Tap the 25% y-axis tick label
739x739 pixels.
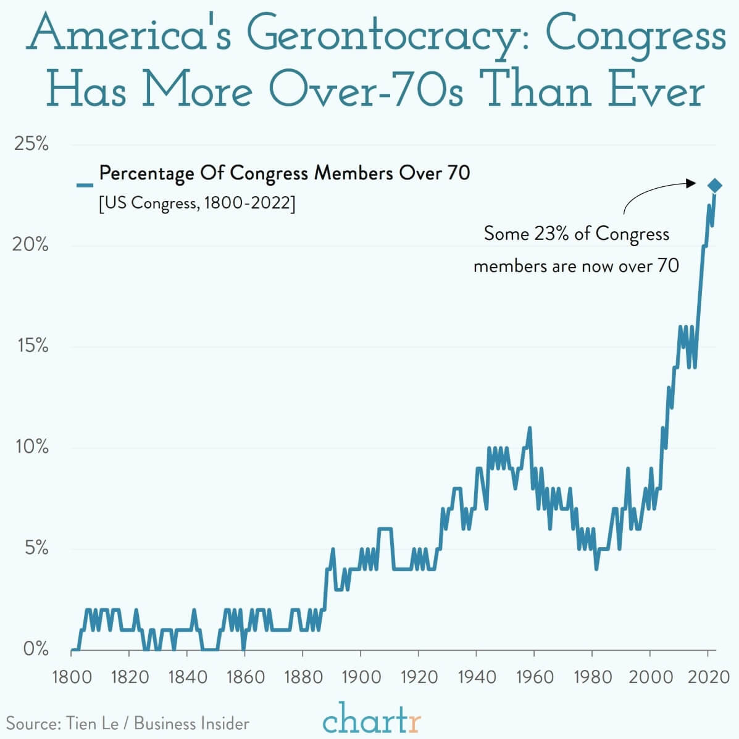coord(31,144)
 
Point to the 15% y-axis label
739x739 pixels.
coord(33,346)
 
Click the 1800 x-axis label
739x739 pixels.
coord(72,677)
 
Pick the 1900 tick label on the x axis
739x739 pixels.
coord(361,677)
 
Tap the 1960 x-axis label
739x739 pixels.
coord(534,677)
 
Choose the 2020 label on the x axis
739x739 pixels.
coord(708,677)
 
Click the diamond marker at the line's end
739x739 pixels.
coord(715,185)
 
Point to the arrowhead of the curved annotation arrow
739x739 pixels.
coord(691,183)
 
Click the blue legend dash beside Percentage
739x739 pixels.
coord(85,185)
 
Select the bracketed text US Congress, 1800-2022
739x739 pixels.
coord(197,203)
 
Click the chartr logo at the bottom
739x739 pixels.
coord(372,718)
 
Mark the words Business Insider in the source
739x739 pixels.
coord(191,723)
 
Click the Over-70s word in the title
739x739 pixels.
coord(366,89)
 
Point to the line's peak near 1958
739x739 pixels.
coord(529,428)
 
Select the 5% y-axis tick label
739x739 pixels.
coord(36,548)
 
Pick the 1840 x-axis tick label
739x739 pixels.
coord(188,677)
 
